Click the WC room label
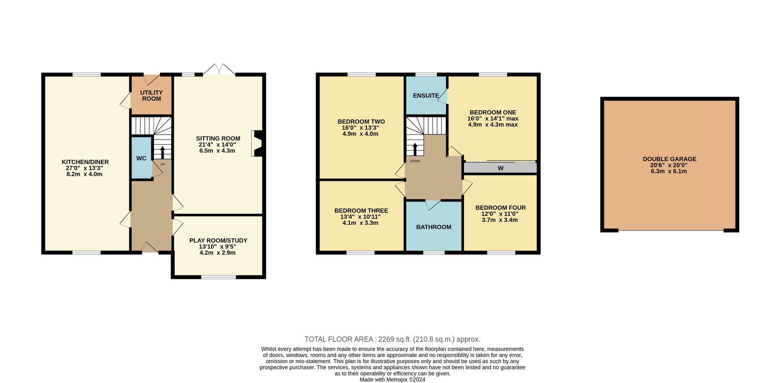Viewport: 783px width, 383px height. pos(141,158)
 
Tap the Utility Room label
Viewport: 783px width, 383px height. pos(151,95)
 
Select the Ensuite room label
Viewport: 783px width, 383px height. pos(426,95)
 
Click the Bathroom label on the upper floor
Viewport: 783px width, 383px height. pos(434,227)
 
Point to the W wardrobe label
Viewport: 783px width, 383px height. pos(501,168)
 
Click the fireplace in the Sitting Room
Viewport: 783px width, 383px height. pos(256,143)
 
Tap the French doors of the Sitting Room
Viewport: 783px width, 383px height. pos(219,69)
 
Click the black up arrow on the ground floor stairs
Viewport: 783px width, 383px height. pos(162,152)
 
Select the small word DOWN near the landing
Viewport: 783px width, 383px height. pos(415,161)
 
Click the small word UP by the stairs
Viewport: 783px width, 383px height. pos(162,164)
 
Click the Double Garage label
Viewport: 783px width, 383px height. pos(669,159)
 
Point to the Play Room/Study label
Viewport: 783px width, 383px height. pos(218,241)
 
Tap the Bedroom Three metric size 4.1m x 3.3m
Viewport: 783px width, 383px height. pos(360,223)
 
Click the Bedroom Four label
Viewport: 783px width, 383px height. pos(501,207)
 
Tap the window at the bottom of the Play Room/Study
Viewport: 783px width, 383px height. pos(218,277)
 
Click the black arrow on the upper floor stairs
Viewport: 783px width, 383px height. pos(415,149)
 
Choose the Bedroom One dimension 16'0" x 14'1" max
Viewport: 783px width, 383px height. pos(493,118)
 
